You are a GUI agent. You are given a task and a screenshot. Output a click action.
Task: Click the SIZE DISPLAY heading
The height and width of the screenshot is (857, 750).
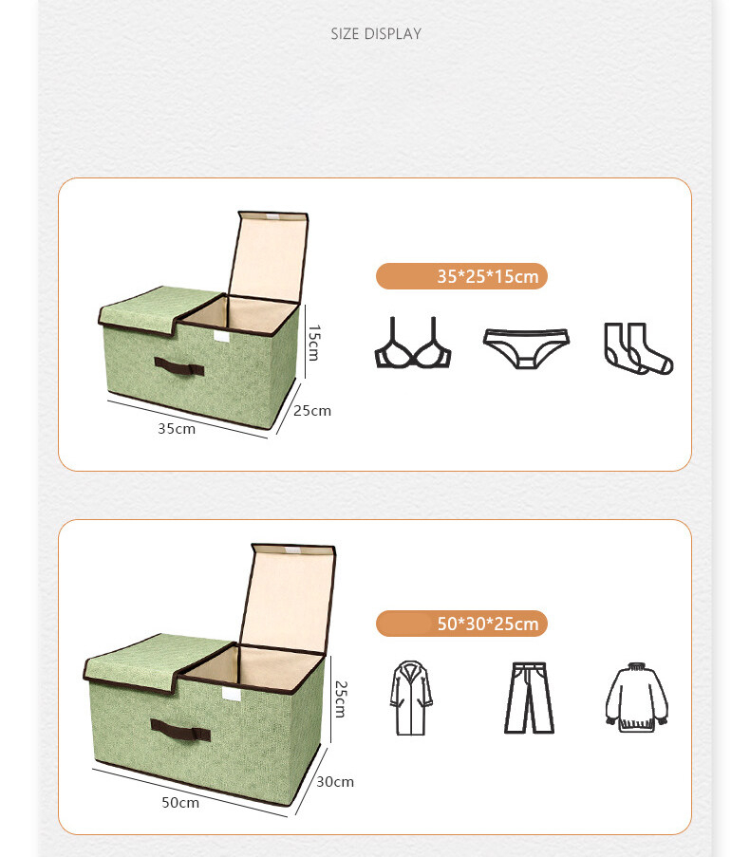click(x=375, y=34)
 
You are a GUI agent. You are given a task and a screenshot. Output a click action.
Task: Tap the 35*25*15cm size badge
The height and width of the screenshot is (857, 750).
click(x=462, y=276)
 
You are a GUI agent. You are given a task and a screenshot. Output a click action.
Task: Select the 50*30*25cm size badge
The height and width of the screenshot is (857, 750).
click(x=462, y=624)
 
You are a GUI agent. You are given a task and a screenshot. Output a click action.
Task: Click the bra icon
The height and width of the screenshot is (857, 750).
click(x=412, y=344)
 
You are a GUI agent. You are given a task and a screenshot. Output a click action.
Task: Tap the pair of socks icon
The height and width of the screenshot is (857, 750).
click(x=637, y=348)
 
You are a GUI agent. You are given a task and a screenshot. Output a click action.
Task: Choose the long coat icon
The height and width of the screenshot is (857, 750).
click(x=411, y=699)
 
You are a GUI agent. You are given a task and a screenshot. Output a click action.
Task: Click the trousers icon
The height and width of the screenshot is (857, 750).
click(x=529, y=698)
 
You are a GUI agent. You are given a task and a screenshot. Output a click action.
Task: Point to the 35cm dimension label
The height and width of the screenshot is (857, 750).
click(x=177, y=428)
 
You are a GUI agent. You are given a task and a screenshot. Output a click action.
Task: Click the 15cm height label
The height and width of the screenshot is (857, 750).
click(x=314, y=343)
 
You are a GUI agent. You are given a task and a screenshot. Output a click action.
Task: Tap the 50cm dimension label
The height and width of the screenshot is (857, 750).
click(x=180, y=802)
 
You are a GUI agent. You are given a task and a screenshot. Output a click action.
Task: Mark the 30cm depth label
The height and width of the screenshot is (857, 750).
click(x=334, y=782)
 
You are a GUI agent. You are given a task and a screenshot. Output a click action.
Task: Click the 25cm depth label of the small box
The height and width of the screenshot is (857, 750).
click(x=312, y=411)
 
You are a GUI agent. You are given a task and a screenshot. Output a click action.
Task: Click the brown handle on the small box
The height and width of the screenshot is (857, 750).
click(x=179, y=367)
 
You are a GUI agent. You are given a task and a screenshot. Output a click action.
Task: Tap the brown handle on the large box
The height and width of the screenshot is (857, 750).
click(x=179, y=730)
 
